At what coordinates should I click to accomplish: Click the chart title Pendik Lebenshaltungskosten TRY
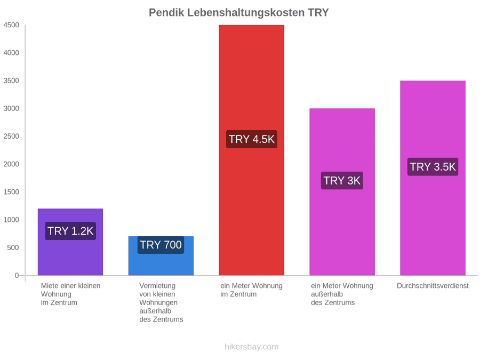(239, 13)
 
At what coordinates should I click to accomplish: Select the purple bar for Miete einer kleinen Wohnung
(70, 242)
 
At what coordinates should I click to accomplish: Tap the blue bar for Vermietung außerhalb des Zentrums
(161, 256)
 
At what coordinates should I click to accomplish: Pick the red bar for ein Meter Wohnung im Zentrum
(252, 150)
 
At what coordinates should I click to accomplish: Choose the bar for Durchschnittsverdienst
(433, 178)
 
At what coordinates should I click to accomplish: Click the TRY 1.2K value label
(70, 231)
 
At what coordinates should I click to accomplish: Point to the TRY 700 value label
(161, 245)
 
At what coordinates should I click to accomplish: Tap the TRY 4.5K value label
(252, 139)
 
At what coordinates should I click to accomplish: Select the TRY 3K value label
(342, 181)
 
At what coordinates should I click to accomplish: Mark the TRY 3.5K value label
(433, 167)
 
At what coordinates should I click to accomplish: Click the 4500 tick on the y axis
(11, 25)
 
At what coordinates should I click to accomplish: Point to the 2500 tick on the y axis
(11, 136)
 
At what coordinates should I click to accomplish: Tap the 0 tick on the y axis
(17, 275)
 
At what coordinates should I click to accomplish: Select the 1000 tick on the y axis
(11, 220)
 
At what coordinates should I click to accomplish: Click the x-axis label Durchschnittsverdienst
(433, 286)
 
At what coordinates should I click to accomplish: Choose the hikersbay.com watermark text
(252, 347)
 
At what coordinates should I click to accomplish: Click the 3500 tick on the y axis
(11, 81)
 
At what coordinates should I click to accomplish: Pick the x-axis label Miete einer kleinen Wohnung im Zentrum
(71, 294)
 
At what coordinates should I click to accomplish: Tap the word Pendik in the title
(166, 13)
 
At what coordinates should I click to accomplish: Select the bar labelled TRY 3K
(342, 192)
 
